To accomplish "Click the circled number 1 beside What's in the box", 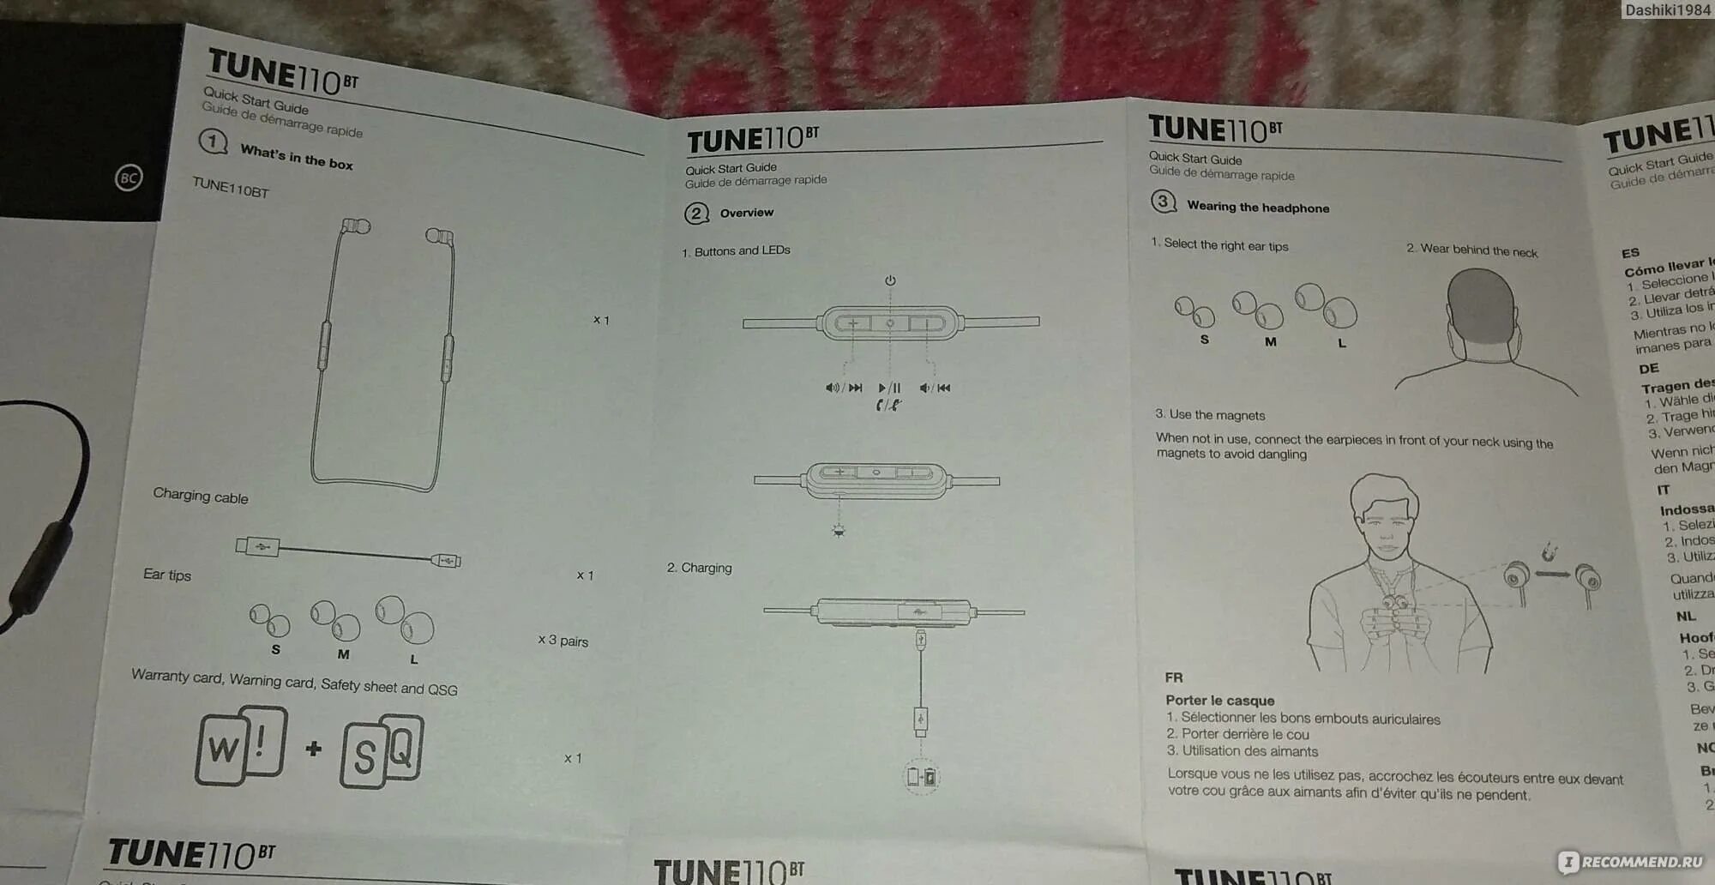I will click(x=213, y=141).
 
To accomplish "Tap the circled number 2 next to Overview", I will click(x=696, y=214).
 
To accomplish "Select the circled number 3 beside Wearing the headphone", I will click(x=1163, y=202).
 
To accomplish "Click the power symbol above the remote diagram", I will click(x=890, y=280).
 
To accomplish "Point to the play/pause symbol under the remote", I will click(x=890, y=388).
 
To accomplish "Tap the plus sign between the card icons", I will click(x=314, y=749).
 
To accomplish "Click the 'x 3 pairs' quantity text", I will click(x=563, y=641).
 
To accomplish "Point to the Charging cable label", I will click(x=201, y=496).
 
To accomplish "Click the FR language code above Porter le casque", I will click(x=1173, y=677).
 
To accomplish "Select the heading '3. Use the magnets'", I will click(x=1210, y=415).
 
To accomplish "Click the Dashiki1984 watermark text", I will click(x=1666, y=10).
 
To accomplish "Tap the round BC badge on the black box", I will click(x=129, y=178).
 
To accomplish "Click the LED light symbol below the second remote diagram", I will click(x=839, y=531).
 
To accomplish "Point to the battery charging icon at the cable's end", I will click(x=922, y=777).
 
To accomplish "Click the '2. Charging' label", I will click(x=700, y=568).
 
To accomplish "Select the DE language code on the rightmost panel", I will click(x=1649, y=369).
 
